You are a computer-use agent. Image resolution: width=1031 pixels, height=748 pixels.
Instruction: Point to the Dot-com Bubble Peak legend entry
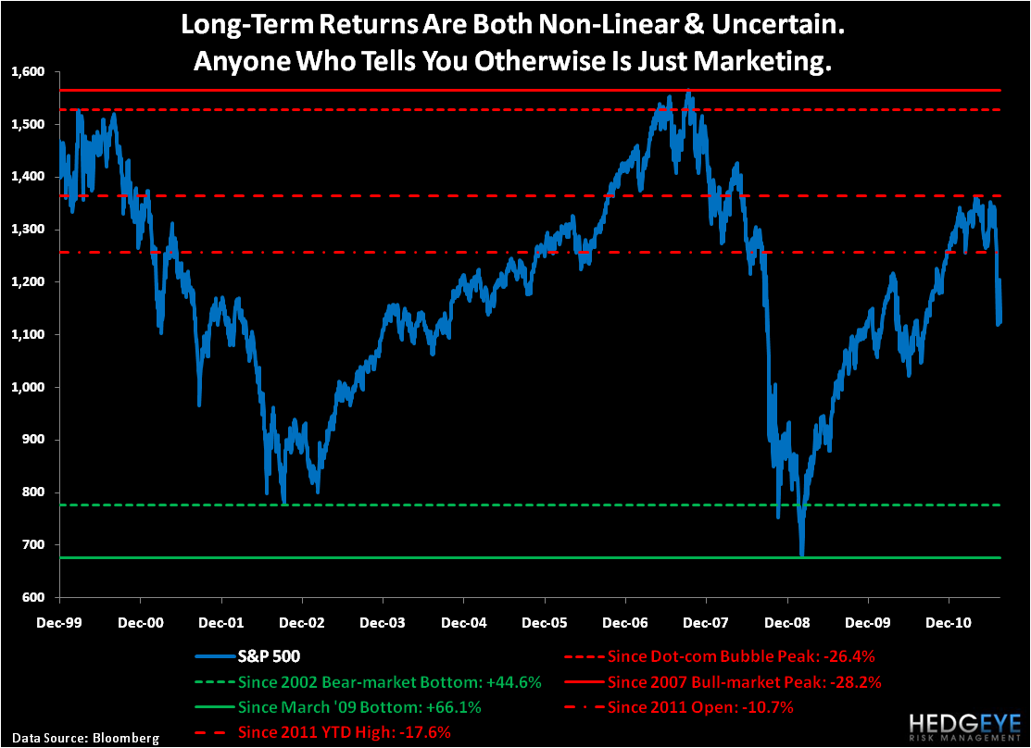coord(742,658)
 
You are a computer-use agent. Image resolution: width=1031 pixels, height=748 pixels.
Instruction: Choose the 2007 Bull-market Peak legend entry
coord(745,682)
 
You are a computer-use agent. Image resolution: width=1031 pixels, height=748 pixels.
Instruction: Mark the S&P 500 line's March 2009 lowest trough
coord(802,555)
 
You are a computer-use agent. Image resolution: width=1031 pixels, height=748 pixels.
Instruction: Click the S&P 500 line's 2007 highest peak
coord(687,92)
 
